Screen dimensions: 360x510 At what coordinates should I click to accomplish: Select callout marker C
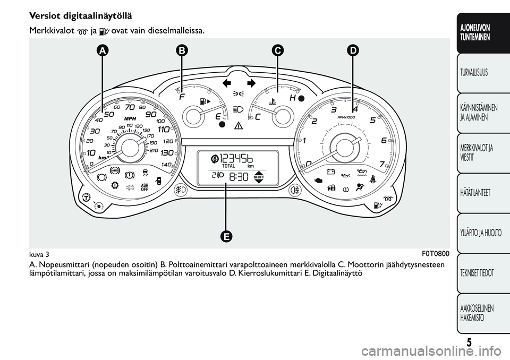coord(277,51)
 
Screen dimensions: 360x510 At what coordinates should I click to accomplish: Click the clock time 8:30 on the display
coord(237,177)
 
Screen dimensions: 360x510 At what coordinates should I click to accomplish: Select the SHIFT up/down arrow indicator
coord(259,177)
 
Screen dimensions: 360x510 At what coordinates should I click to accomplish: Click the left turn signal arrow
coord(229,83)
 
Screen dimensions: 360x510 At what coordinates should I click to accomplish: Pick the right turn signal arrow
coord(251,83)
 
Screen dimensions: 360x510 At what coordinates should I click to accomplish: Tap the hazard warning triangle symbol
coord(238,126)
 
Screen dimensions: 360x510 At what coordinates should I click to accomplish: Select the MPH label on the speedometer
coord(131,118)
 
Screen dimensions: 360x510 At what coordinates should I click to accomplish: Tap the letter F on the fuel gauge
coord(183,98)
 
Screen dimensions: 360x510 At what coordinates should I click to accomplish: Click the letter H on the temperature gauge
coord(292,98)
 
